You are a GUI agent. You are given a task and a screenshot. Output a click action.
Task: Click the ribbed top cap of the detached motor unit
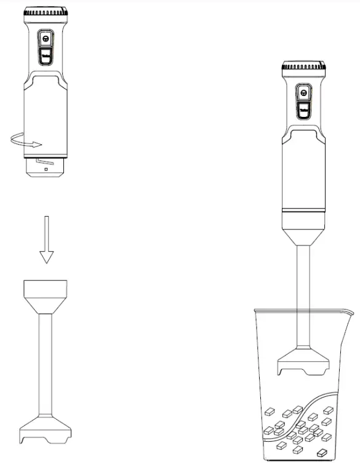click(x=46, y=13)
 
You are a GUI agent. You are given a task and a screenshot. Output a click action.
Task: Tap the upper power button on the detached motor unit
click(x=46, y=39)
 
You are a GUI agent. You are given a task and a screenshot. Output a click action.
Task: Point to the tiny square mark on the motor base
click(x=46, y=169)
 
